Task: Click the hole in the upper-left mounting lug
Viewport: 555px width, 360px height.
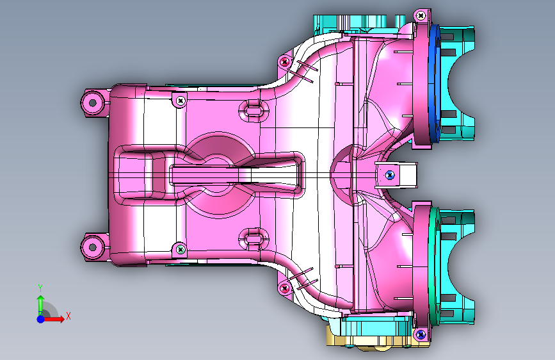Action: [93, 102]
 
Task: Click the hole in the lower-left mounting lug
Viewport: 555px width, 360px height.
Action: [93, 247]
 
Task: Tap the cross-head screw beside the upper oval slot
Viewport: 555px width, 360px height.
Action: [181, 101]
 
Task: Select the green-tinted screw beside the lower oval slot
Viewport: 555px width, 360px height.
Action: [181, 249]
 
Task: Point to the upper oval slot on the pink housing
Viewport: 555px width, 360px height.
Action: [253, 111]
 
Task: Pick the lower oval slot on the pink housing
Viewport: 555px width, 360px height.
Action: [253, 239]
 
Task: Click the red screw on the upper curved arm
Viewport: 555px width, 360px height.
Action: [285, 62]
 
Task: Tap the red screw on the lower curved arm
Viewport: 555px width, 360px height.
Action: [285, 288]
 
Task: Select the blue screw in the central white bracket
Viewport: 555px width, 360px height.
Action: [390, 174]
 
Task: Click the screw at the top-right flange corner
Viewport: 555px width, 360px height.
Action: [421, 15]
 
